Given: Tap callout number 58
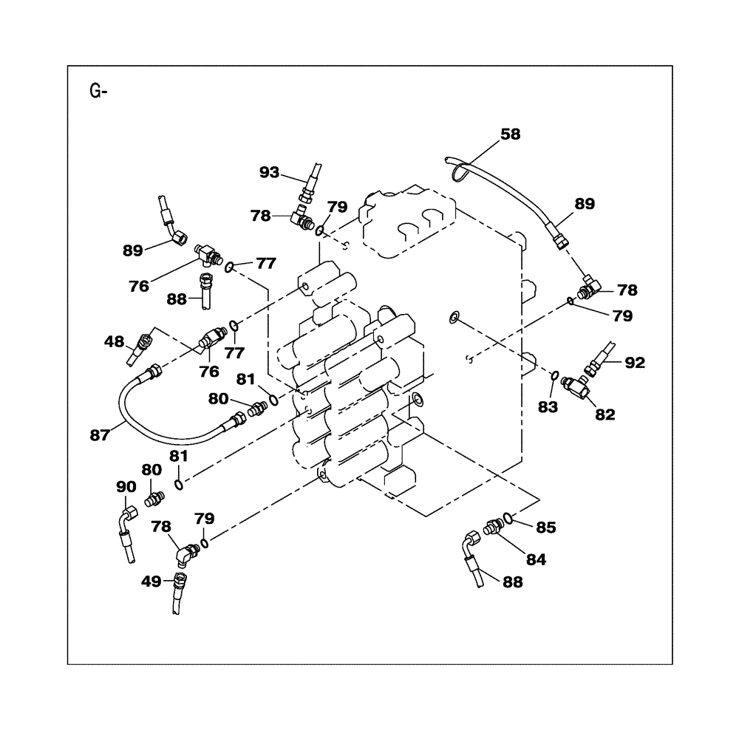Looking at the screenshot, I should [510, 134].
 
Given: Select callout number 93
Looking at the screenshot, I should [269, 172].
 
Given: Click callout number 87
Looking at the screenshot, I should [100, 436].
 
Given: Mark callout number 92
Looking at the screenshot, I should [635, 363].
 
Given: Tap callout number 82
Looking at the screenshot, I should [605, 415].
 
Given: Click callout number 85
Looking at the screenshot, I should [545, 528].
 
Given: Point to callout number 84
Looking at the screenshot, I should [536, 560].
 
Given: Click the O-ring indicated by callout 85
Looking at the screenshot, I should [506, 517].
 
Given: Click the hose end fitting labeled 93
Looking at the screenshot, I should [306, 194].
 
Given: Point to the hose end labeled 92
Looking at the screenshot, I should [597, 364].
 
